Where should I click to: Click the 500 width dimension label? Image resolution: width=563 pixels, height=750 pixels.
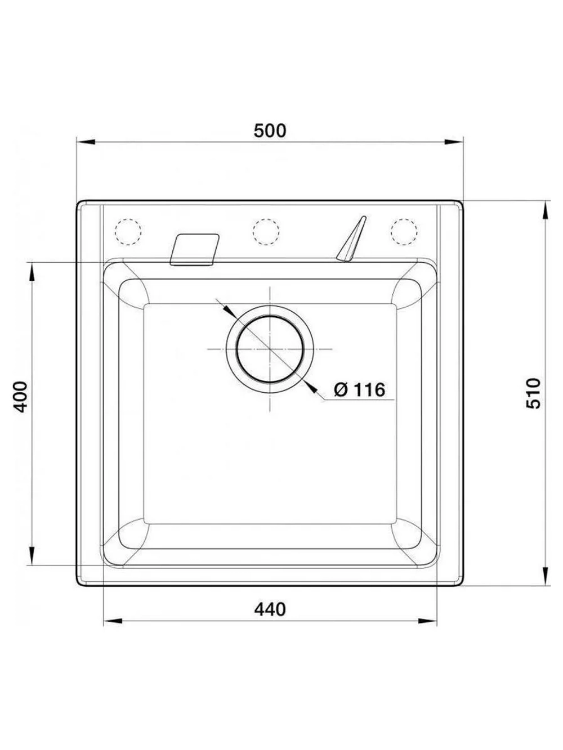[x=269, y=131]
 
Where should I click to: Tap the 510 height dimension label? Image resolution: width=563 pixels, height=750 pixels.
[x=534, y=393]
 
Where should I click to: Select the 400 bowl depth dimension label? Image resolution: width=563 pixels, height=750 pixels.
[x=20, y=397]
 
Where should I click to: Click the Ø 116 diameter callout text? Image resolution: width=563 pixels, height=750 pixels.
[x=360, y=389]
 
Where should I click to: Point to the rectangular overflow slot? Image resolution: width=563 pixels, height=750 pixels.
[x=194, y=249]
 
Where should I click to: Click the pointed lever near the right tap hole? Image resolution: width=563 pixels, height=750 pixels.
[x=351, y=239]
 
